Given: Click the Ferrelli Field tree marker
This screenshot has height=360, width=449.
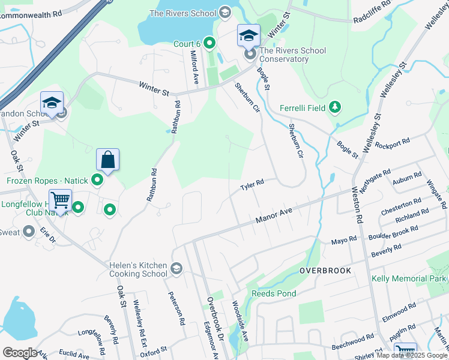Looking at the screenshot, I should tap(335, 108).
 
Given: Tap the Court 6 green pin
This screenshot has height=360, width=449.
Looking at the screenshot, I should tap(209, 43).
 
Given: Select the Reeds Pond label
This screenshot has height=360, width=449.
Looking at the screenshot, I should tap(273, 293).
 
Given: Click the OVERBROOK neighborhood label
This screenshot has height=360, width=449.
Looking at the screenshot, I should tap(325, 271).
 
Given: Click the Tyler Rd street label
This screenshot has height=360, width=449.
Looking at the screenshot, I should tap(252, 185).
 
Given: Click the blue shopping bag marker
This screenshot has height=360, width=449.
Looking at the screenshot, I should tap(107, 160).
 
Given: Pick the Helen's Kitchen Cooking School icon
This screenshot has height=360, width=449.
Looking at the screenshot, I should tap(176, 268).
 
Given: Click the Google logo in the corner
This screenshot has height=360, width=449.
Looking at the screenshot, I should tap(20, 353).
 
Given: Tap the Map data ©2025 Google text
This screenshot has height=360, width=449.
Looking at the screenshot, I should tap(412, 355).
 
